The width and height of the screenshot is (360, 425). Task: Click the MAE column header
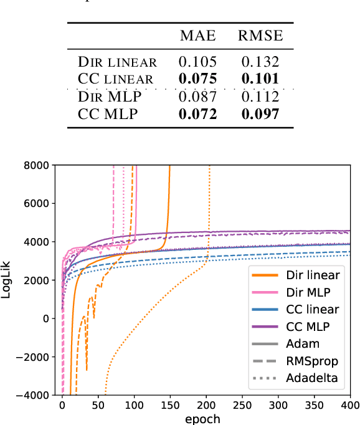[x=198, y=37]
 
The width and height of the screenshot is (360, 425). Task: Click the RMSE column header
[x=260, y=37]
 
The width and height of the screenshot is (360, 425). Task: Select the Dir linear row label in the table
[x=117, y=62]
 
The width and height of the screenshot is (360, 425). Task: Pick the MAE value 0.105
[x=198, y=62]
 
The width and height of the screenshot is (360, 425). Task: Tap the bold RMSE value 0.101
[x=260, y=79]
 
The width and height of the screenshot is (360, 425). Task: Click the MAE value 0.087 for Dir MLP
[x=198, y=97]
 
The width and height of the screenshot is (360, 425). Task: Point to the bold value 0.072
[x=198, y=114]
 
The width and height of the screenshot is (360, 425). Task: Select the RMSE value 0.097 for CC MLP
[x=260, y=114]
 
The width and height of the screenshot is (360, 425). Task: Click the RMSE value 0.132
[x=260, y=62]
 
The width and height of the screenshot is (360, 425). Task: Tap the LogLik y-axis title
[x=8, y=280]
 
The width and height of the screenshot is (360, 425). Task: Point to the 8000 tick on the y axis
[x=36, y=166]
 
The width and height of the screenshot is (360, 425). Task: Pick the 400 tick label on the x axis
[x=350, y=405]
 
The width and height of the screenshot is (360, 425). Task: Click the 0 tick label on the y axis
[x=44, y=318]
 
